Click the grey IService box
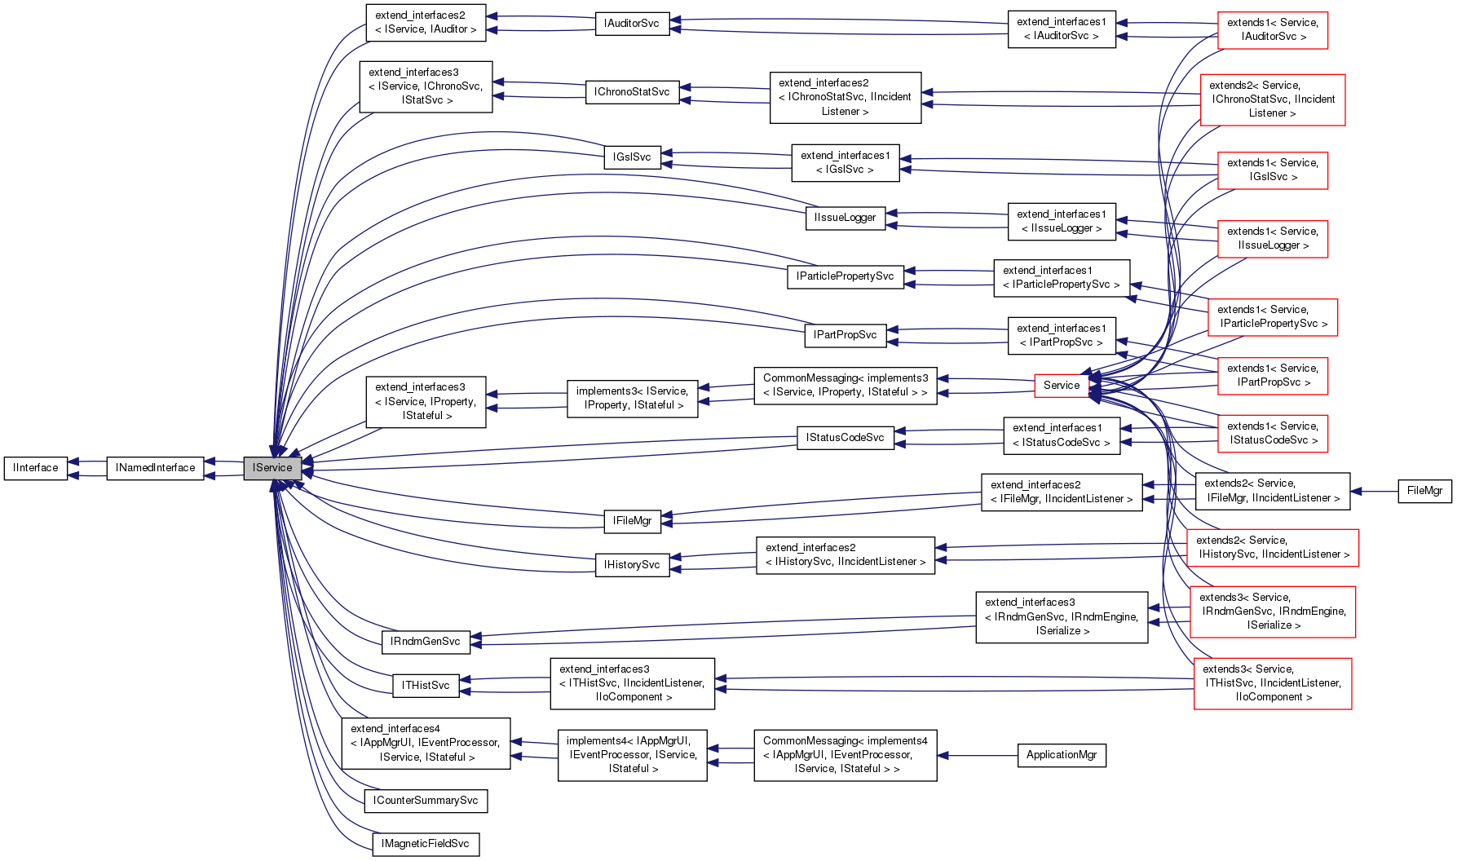[272, 468]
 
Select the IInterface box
[36, 468]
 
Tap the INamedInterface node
[155, 468]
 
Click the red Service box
[1061, 386]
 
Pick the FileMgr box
[1424, 491]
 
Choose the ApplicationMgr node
[1061, 755]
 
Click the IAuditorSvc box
[632, 24]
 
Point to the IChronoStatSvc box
[632, 92]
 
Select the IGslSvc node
[632, 157]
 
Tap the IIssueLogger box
[845, 218]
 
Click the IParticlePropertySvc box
[845, 276]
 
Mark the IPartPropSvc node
[845, 335]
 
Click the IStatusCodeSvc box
[845, 438]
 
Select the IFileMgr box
[632, 521]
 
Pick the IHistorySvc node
[632, 565]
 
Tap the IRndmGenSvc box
[425, 642]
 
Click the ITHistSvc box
[425, 686]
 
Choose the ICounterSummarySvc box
[425, 801]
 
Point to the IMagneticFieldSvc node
[425, 844]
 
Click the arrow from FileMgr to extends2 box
[1374, 492]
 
